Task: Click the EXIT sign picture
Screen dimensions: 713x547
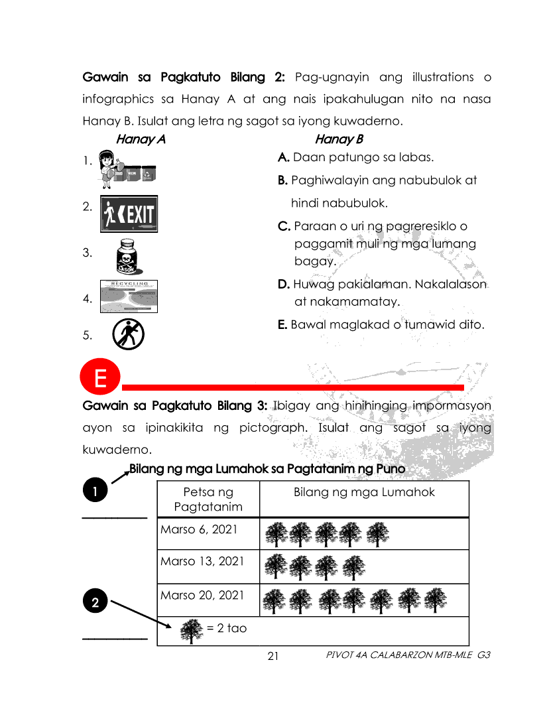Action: [x=129, y=214]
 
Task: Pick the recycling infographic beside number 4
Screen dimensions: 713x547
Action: [x=129, y=296]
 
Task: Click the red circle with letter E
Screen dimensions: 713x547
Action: [x=100, y=379]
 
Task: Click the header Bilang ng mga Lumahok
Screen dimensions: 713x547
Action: [x=364, y=492]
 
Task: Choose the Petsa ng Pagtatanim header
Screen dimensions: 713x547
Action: [x=208, y=499]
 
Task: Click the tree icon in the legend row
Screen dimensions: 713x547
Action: [x=192, y=631]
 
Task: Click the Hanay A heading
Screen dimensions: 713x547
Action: [x=140, y=139]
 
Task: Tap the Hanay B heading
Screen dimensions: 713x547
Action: [x=339, y=139]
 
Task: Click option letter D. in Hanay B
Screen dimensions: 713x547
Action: [x=284, y=285]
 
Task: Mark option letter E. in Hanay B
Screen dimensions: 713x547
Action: [x=283, y=325]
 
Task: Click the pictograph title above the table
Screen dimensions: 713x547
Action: [x=267, y=470]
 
